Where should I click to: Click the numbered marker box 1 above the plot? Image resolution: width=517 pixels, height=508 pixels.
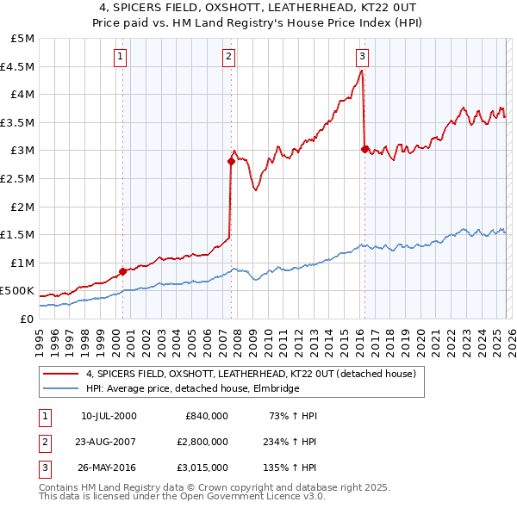tap(120, 58)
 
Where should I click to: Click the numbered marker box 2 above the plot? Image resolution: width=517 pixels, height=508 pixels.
tap(229, 58)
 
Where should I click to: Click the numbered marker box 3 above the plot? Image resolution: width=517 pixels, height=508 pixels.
tap(362, 58)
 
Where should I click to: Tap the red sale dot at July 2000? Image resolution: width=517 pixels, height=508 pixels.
tap(122, 271)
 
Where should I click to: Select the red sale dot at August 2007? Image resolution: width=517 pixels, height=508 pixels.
tap(231, 161)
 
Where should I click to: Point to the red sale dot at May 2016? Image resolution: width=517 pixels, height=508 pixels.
tap(364, 149)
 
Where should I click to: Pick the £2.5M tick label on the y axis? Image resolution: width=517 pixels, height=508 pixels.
tap(18, 178)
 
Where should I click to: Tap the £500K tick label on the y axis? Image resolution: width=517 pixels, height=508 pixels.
tap(17, 291)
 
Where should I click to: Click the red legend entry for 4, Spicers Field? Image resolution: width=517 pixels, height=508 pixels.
tap(251, 374)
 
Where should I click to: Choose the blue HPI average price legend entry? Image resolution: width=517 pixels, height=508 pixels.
tap(192, 389)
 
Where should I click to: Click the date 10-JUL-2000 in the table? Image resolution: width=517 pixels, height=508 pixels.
tap(108, 416)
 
